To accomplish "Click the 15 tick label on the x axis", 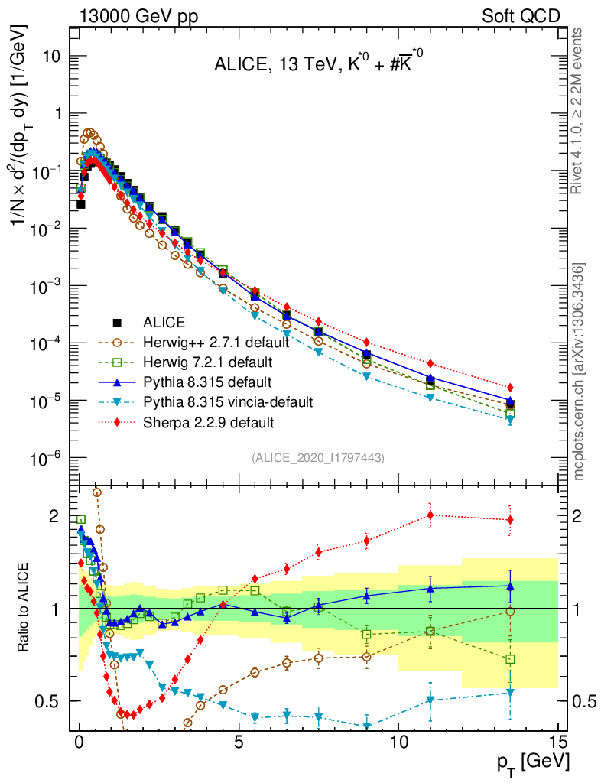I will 559,742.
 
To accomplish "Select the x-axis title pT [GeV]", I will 532,762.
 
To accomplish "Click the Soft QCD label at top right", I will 520,15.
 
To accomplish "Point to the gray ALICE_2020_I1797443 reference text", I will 317,457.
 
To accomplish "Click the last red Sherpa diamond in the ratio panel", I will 510,520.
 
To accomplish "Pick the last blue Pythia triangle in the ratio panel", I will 510,586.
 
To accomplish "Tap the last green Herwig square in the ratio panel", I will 510,659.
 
